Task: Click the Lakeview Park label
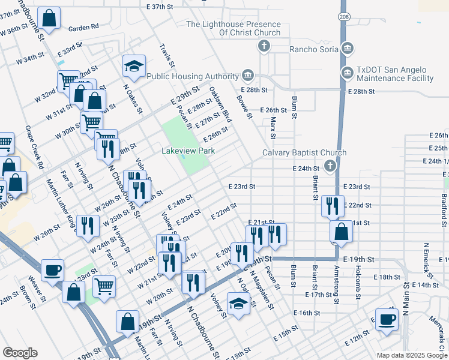pos(188,151)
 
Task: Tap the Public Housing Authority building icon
pos(247,76)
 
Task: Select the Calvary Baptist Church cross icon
pos(330,166)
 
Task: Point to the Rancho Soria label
pos(314,49)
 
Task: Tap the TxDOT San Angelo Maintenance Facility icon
pos(347,73)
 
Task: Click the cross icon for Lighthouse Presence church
pos(263,46)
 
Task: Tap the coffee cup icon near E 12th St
pos(387,318)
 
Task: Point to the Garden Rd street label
pos(83,28)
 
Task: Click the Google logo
pos(20,353)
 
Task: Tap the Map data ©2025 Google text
pos(411,355)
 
